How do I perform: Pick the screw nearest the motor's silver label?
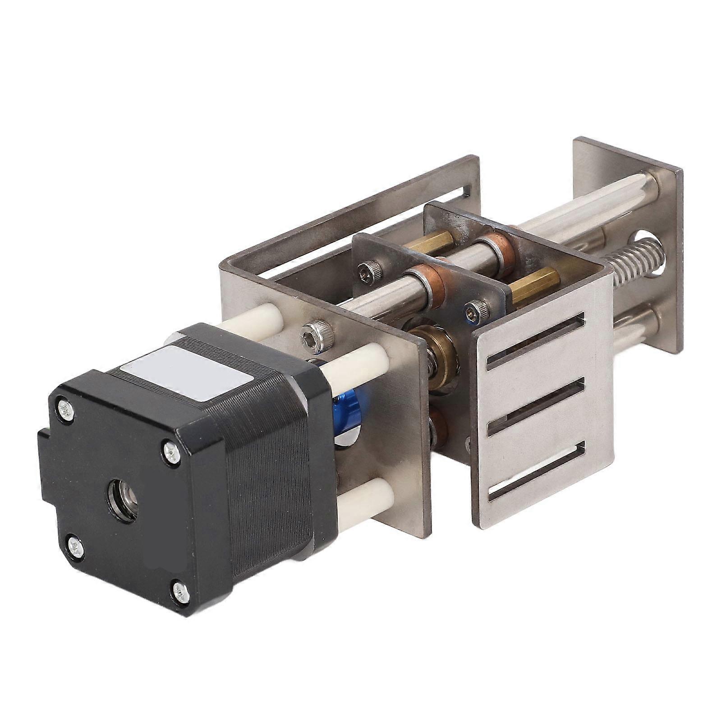(x=172, y=451)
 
